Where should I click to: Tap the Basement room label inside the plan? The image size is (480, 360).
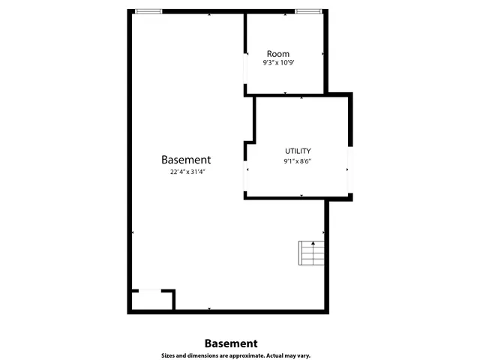(x=186, y=160)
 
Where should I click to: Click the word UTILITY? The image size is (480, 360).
(x=297, y=151)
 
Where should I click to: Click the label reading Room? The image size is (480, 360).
(x=277, y=54)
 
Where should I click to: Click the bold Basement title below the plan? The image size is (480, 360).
(x=231, y=343)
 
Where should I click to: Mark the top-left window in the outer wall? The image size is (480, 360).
(x=148, y=11)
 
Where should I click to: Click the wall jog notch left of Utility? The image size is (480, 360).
(x=250, y=149)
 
